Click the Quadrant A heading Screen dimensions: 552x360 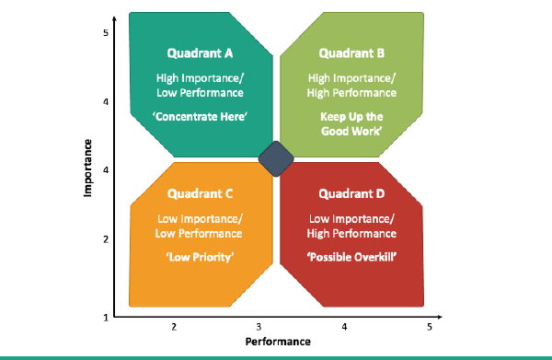(200, 53)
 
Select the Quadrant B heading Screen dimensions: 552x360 (351, 53)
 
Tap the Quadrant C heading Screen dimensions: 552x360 (200, 193)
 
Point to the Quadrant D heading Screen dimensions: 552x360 (351, 193)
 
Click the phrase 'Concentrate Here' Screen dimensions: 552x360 (200, 117)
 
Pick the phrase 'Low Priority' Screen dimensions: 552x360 (200, 257)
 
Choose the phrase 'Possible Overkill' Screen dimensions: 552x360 (351, 257)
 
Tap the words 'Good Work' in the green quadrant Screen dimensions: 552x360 (351, 131)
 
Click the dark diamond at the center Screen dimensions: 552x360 (276, 159)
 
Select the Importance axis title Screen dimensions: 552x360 (87, 168)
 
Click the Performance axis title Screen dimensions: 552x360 (278, 342)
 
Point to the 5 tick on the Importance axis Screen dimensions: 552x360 (106, 33)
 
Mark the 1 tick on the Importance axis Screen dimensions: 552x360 (106, 318)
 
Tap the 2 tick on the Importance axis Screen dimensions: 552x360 (106, 239)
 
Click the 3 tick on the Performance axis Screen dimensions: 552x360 (259, 327)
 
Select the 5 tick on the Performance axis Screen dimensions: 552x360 (429, 327)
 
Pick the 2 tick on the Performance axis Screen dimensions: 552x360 (174, 327)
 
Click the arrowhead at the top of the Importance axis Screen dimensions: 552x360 (114, 18)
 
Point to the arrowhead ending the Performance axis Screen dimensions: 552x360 (440, 317)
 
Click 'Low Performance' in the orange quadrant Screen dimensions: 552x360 (199, 234)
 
